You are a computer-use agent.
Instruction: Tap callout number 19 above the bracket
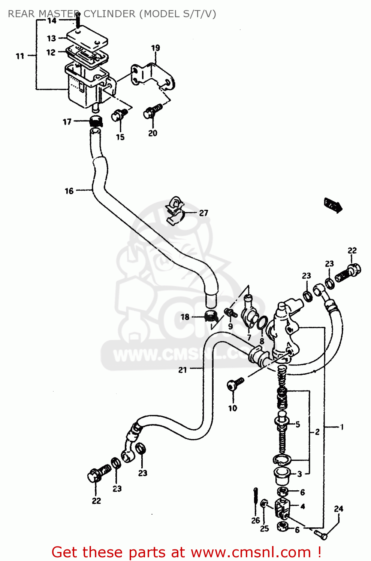(156, 48)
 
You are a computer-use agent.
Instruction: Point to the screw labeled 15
(120, 114)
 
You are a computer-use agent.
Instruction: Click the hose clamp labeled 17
(96, 121)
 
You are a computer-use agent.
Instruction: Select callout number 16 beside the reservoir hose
(69, 191)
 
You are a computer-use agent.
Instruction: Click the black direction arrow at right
(333, 205)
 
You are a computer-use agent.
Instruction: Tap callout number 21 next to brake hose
(183, 370)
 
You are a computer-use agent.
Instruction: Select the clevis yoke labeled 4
(282, 508)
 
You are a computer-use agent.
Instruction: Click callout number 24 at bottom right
(338, 509)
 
